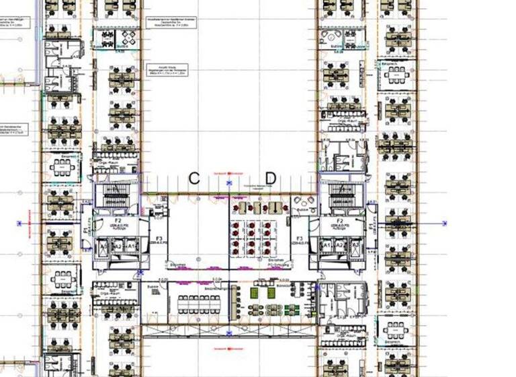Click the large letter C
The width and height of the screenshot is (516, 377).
(x=194, y=178)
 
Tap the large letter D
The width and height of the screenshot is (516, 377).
(x=270, y=178)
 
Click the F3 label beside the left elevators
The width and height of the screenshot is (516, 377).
(x=159, y=239)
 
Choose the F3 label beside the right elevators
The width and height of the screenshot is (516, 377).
(x=300, y=239)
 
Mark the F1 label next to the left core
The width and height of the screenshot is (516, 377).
(x=85, y=229)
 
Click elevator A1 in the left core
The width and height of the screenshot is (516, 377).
(x=131, y=247)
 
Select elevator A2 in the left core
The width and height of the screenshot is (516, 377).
(x=117, y=247)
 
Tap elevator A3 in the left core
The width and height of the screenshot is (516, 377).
(x=103, y=247)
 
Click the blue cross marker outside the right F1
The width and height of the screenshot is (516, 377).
(x=445, y=222)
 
